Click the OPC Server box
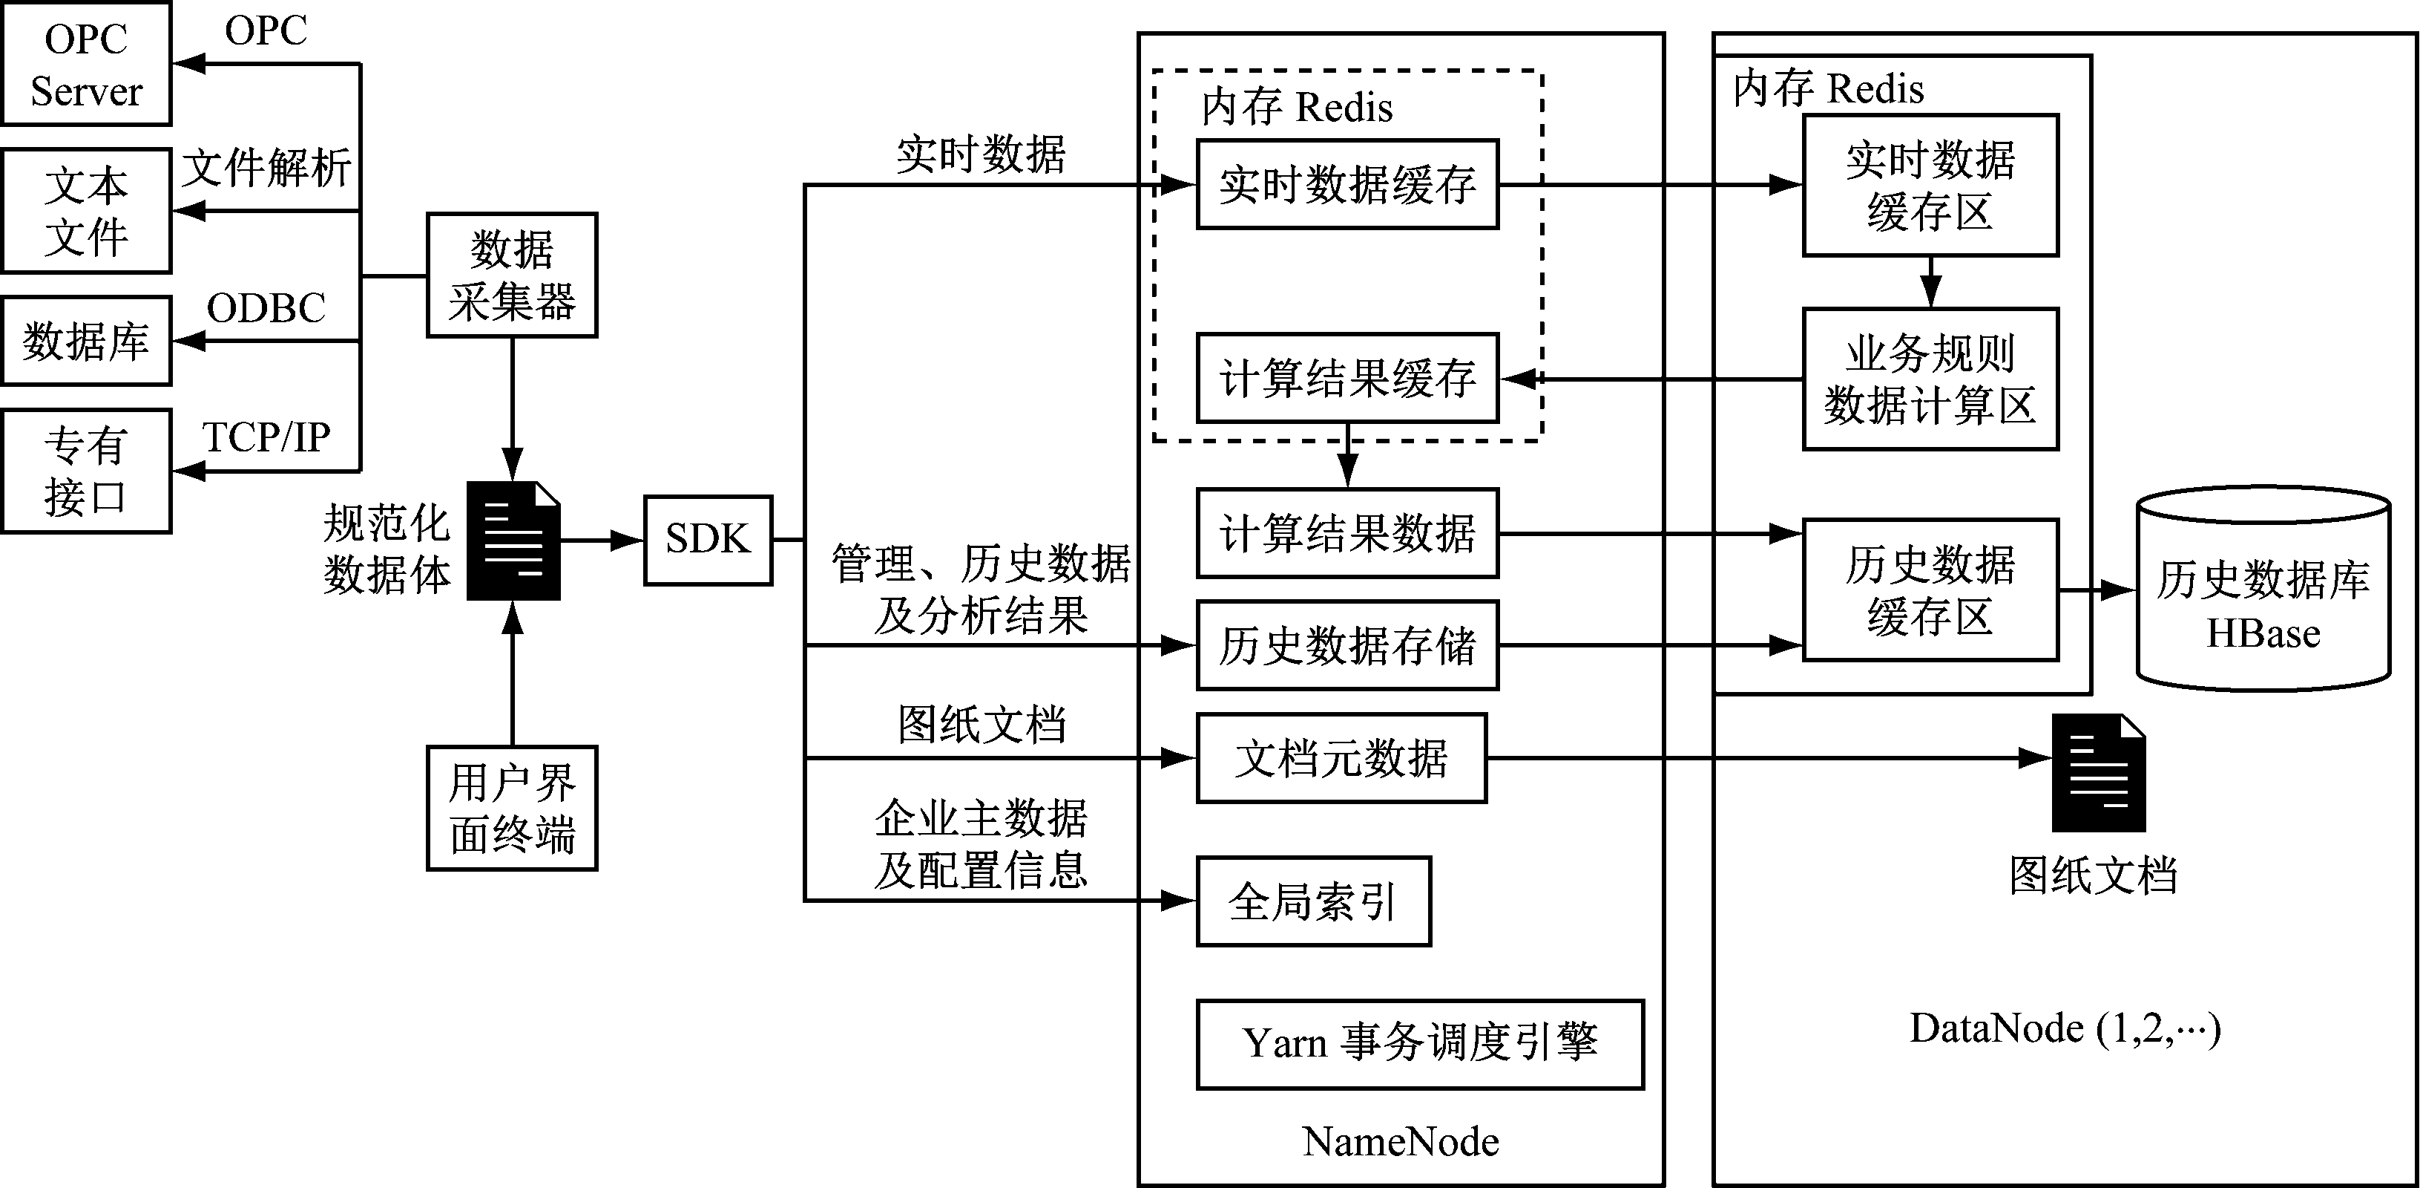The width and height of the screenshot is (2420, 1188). pyautogui.click(x=86, y=64)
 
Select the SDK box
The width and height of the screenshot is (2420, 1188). pyautogui.click(x=708, y=540)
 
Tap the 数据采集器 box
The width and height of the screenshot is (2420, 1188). pyautogui.click(x=512, y=275)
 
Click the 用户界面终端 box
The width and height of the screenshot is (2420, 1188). pyautogui.click(x=512, y=809)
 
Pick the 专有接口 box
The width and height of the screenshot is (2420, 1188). pyautogui.click(x=86, y=471)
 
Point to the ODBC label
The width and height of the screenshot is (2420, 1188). pyautogui.click(x=266, y=308)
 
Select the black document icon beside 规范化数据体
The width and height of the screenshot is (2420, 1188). pyautogui.click(x=514, y=541)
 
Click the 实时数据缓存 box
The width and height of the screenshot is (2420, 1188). pyautogui.click(x=1347, y=184)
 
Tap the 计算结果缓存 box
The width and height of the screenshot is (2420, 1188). pyautogui.click(x=1347, y=378)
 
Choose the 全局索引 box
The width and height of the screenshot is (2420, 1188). pyautogui.click(x=1313, y=901)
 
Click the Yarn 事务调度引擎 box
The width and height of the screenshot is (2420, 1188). pyautogui.click(x=1419, y=1044)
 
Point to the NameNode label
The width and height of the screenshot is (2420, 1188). pyautogui.click(x=1400, y=1142)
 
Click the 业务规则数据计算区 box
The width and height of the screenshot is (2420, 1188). pyautogui.click(x=1930, y=379)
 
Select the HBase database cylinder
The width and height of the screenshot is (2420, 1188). pyautogui.click(x=2263, y=590)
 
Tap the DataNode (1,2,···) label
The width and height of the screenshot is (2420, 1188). pyautogui.click(x=2065, y=1028)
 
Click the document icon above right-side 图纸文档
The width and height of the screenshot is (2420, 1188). pyautogui.click(x=2098, y=773)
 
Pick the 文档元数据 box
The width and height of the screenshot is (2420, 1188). pyautogui.click(x=1341, y=757)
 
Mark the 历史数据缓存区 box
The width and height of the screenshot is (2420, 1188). pyautogui.click(x=1930, y=590)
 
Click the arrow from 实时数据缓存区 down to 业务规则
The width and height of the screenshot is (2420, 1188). pyautogui.click(x=1930, y=282)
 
